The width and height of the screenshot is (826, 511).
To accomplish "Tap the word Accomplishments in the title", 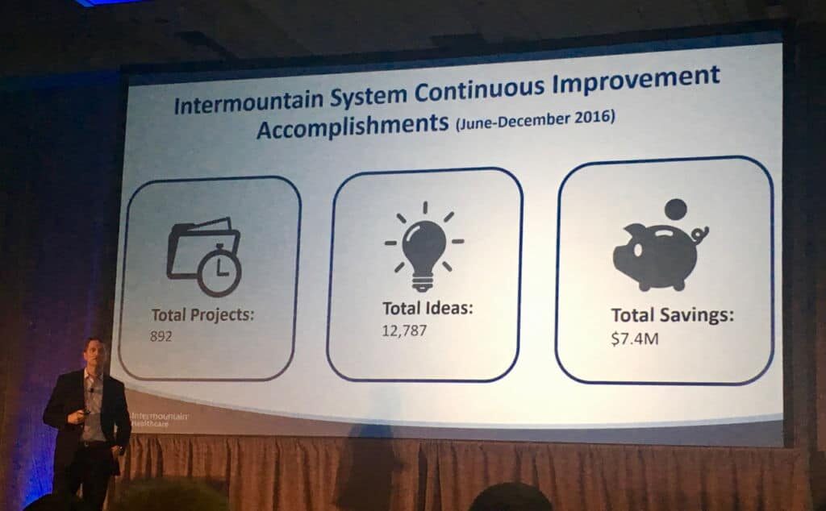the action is (x=353, y=126).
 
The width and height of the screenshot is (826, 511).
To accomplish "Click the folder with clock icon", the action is (x=204, y=256).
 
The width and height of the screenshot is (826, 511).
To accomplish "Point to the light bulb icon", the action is (x=424, y=247).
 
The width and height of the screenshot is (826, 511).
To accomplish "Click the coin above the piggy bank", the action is (x=675, y=210).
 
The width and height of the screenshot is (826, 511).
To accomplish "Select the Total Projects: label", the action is (x=202, y=314).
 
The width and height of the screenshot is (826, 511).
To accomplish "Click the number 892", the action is (x=161, y=336).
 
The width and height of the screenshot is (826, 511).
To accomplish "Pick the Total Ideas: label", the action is (x=428, y=308).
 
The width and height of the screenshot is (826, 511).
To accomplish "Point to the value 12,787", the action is (x=404, y=330).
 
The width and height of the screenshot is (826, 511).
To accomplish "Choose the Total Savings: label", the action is (x=672, y=314).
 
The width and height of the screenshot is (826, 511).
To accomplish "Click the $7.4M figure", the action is (x=635, y=338).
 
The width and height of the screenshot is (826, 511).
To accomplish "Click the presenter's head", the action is (x=95, y=354).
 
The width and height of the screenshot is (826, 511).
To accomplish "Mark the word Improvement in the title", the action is (x=636, y=81).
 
